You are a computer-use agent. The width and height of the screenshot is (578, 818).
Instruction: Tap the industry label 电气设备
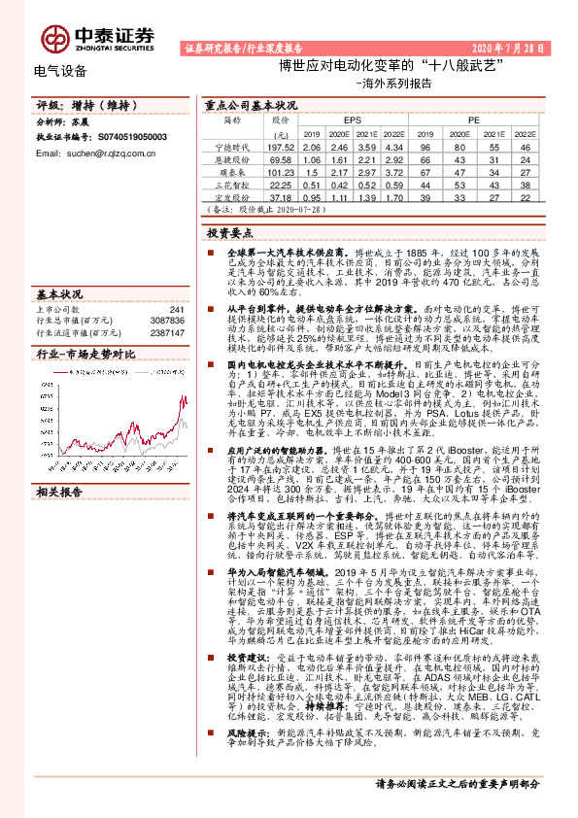pos(59,70)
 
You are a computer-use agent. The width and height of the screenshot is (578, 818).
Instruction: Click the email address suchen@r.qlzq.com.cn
pos(104,153)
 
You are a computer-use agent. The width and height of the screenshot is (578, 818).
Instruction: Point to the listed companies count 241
pos(177,310)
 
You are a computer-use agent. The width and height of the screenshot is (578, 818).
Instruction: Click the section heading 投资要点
pos(229,233)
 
